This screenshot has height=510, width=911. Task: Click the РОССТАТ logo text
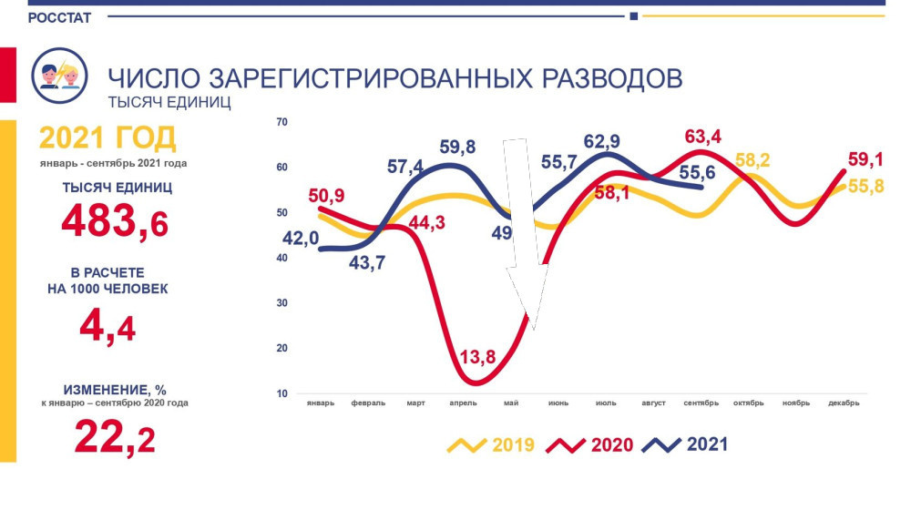pyautogui.click(x=59, y=18)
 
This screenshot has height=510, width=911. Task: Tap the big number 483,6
pyautogui.click(x=115, y=221)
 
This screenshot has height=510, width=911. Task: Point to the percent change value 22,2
pyautogui.click(x=114, y=438)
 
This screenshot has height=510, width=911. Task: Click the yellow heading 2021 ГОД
pyautogui.click(x=107, y=139)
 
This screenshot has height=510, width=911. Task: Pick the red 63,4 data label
pyautogui.click(x=702, y=138)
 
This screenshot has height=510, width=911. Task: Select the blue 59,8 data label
pyautogui.click(x=458, y=147)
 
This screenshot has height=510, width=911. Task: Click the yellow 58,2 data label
pyautogui.click(x=752, y=161)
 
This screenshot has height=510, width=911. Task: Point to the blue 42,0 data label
pyautogui.click(x=299, y=238)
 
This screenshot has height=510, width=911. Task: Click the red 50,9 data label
pyautogui.click(x=329, y=195)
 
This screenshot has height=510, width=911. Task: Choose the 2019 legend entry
pyautogui.click(x=491, y=445)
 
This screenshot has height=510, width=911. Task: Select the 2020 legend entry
pyautogui.click(x=589, y=445)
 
